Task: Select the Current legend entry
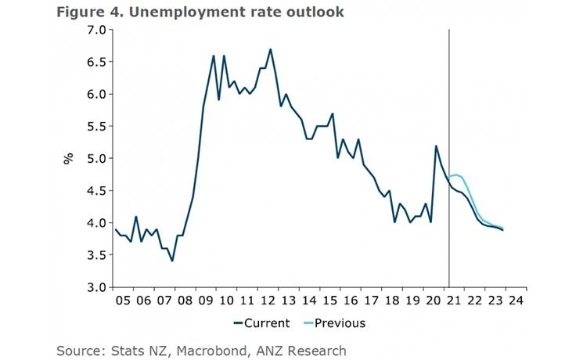point(261,322)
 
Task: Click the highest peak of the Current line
point(270,49)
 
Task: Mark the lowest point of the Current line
point(172,261)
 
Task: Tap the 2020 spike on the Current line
point(436,146)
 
